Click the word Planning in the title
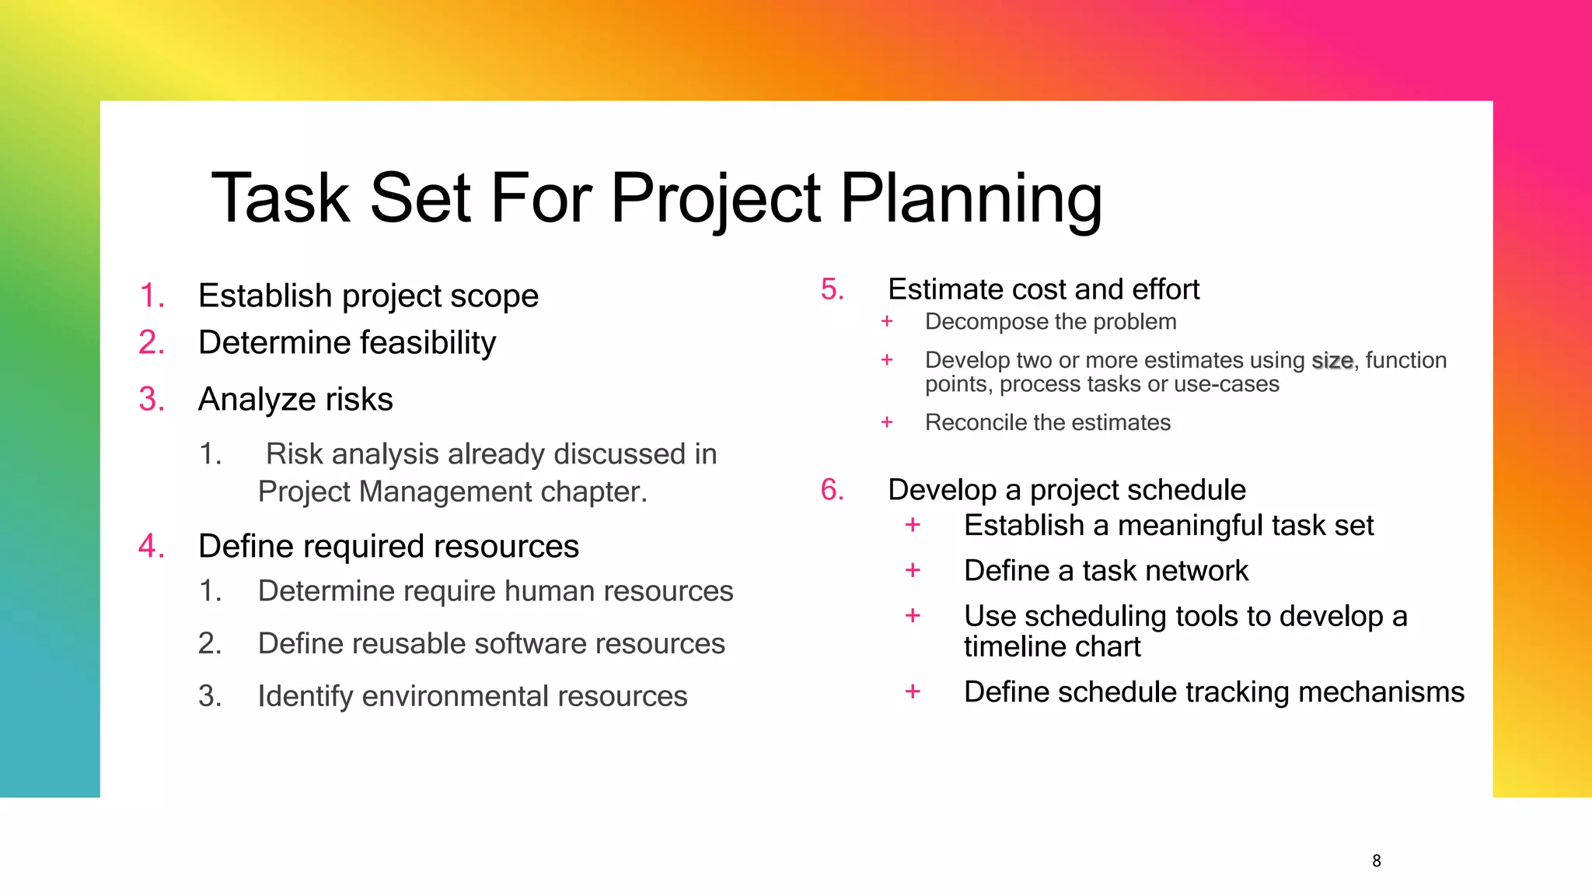pyautogui.click(x=971, y=199)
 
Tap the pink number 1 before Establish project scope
pyautogui.click(x=152, y=296)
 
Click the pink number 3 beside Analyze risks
pyautogui.click(x=152, y=400)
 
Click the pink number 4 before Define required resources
pyautogui.click(x=152, y=547)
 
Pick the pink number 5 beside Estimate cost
pyautogui.click(x=832, y=289)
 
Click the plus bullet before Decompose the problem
pyautogui.click(x=887, y=321)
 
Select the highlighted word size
pyautogui.click(x=1332, y=361)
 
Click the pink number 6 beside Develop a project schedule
pyautogui.click(x=832, y=490)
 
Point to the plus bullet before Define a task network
pyautogui.click(x=913, y=571)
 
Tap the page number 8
pyautogui.click(x=1376, y=861)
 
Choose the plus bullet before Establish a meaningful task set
pyautogui.click(x=913, y=526)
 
